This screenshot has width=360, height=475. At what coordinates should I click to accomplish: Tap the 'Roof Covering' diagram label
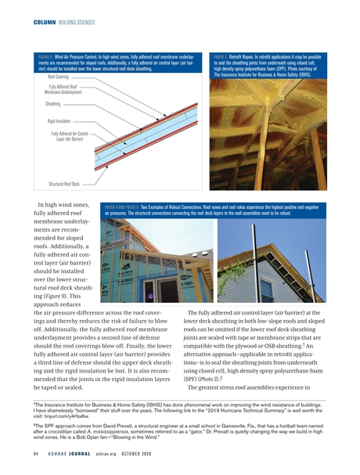[63, 77]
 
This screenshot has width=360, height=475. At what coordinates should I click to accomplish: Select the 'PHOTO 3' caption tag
[225, 57]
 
